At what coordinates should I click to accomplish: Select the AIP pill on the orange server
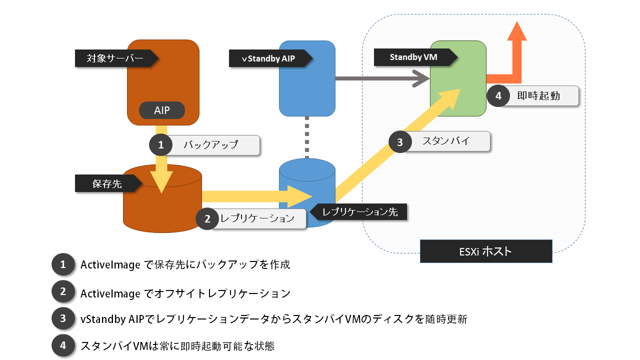click(x=161, y=110)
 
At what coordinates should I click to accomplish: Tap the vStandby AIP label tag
click(x=268, y=58)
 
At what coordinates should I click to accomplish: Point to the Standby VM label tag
click(x=413, y=57)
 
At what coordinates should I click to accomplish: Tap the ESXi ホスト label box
click(x=485, y=251)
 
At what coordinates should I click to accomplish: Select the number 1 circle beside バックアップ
click(x=161, y=145)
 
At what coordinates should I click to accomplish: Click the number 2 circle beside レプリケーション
click(x=207, y=219)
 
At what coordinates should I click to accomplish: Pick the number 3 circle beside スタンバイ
click(x=400, y=142)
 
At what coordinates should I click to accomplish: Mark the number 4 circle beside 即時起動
click(x=498, y=96)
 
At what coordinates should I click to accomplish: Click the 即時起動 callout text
click(x=538, y=96)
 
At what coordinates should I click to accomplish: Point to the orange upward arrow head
click(x=516, y=31)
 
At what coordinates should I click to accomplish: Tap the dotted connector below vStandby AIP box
click(x=307, y=137)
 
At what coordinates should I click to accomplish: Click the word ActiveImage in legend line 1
click(x=110, y=265)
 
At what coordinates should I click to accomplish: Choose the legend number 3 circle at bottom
click(x=63, y=318)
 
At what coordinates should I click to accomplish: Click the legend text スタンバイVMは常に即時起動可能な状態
click(x=177, y=345)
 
